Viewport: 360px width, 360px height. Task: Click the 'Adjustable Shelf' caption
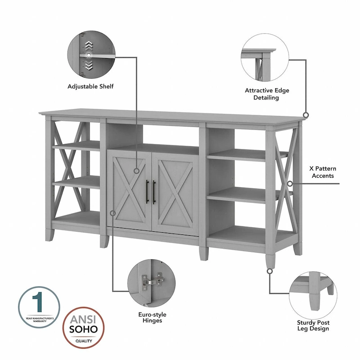click(90, 86)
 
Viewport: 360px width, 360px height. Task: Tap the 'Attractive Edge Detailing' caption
click(267, 94)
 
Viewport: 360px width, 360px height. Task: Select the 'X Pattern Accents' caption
click(322, 172)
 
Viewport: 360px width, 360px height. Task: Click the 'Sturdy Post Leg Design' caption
click(313, 325)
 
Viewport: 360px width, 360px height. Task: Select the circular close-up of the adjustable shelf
click(90, 53)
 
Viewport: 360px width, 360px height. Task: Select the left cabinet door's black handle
click(147, 192)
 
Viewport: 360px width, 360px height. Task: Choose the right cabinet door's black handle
click(154, 192)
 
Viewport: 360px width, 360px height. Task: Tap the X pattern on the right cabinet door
click(173, 192)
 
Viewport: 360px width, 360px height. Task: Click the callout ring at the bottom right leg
click(270, 271)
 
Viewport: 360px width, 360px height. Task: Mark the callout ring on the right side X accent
click(291, 184)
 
